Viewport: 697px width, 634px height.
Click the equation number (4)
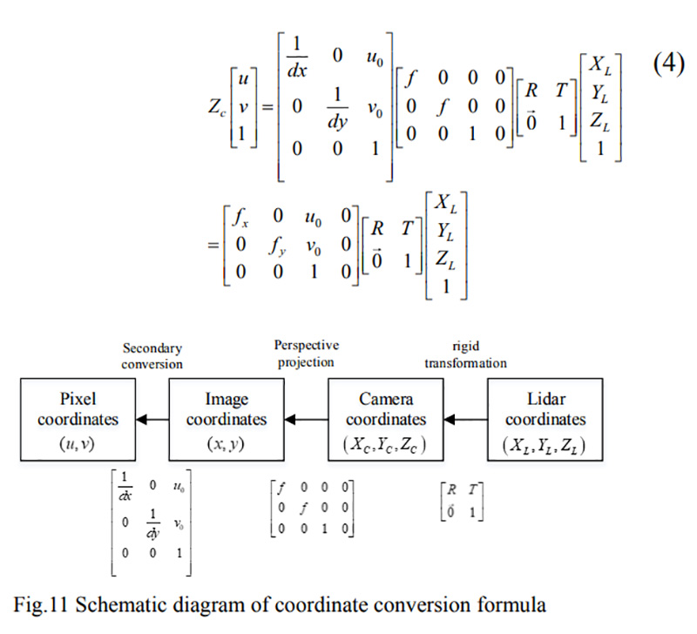(x=668, y=64)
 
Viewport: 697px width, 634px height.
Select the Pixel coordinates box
(x=78, y=420)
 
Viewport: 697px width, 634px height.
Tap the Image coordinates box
(x=227, y=420)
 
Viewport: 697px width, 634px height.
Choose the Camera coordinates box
(x=386, y=420)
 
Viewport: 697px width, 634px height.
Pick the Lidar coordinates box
(x=545, y=420)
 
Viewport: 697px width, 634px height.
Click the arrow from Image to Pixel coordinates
(x=152, y=420)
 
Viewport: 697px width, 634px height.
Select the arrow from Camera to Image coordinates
(x=307, y=420)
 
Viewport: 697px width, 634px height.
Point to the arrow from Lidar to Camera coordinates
(x=465, y=420)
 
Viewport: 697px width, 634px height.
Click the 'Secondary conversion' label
(x=152, y=356)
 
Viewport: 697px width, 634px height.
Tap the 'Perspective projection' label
(x=307, y=354)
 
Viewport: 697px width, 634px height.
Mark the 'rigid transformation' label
(x=465, y=354)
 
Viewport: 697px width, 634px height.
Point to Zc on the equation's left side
(x=217, y=107)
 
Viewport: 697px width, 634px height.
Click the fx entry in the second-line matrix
(x=240, y=217)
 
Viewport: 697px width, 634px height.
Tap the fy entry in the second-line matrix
(x=277, y=246)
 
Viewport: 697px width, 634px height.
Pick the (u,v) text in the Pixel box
(x=78, y=444)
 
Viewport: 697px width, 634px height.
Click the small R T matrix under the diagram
(x=462, y=501)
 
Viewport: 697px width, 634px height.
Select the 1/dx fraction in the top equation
(x=297, y=57)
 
